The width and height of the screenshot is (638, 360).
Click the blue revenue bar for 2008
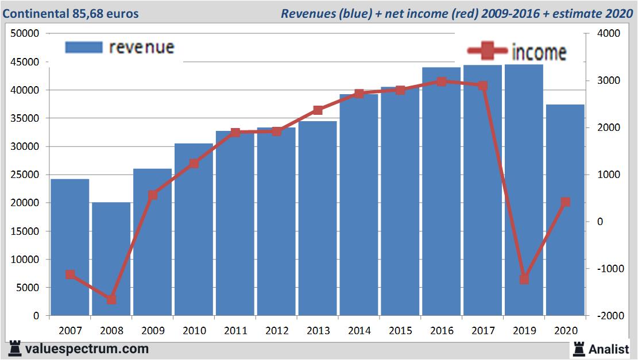[x=111, y=258]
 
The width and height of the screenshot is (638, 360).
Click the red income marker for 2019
[x=524, y=279]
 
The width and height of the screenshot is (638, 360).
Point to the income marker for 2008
[x=111, y=299]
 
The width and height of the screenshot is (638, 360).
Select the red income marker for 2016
[x=441, y=82]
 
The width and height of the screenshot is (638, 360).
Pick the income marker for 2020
[x=565, y=202]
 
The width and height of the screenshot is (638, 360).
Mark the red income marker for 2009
[x=153, y=195]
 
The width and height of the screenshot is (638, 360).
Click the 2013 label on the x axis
[x=318, y=331]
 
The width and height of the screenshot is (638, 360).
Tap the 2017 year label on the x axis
[x=483, y=331]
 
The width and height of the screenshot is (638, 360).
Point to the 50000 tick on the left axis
[x=25, y=34]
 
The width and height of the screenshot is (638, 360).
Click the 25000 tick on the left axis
[x=25, y=175]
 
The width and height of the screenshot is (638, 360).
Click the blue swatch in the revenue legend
[x=84, y=47]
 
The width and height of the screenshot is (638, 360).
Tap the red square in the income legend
[x=487, y=52]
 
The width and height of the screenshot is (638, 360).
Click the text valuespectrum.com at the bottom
[x=87, y=349]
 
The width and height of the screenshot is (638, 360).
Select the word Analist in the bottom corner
[x=609, y=349]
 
